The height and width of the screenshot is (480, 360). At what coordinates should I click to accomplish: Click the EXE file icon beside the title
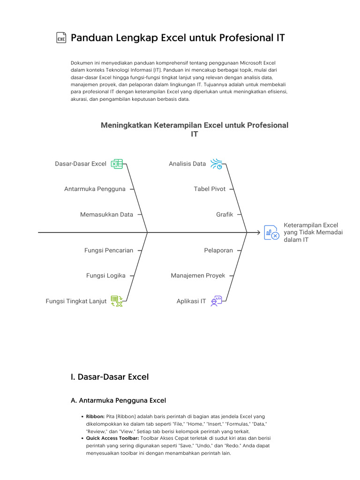[x=61, y=38]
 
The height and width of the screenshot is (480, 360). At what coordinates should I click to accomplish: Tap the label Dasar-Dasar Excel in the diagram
[x=81, y=164]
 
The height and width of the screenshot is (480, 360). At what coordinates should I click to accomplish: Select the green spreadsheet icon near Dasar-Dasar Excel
[x=116, y=164]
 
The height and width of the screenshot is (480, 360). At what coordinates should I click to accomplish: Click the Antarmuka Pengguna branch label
[x=95, y=189]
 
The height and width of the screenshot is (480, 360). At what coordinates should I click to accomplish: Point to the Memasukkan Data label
[x=106, y=215]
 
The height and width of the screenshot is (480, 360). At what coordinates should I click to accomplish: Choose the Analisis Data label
[x=187, y=164]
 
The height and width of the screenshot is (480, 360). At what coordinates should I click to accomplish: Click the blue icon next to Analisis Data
[x=216, y=164]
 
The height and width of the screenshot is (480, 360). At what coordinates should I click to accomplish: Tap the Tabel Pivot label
[x=210, y=189]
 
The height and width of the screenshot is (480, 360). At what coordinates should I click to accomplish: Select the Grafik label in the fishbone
[x=225, y=215]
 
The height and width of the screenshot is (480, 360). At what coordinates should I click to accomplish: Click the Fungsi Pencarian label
[x=109, y=250]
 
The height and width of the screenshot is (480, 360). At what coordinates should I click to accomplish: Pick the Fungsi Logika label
[x=106, y=276]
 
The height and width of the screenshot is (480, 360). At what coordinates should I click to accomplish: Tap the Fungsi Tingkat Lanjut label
[x=76, y=301]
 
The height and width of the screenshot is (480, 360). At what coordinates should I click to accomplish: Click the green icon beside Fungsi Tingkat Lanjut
[x=116, y=301]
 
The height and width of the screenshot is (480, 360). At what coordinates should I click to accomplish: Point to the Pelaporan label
[x=218, y=250]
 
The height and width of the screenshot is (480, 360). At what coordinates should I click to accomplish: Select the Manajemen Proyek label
[x=198, y=276]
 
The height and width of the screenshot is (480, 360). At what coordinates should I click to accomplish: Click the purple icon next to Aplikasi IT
[x=216, y=301]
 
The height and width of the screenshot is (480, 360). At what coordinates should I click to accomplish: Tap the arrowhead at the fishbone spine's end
[x=258, y=232]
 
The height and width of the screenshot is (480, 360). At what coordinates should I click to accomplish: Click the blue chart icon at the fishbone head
[x=271, y=232]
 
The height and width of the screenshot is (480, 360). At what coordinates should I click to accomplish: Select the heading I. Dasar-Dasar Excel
[x=109, y=377]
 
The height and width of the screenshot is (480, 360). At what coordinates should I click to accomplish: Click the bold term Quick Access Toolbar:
[x=112, y=438]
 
